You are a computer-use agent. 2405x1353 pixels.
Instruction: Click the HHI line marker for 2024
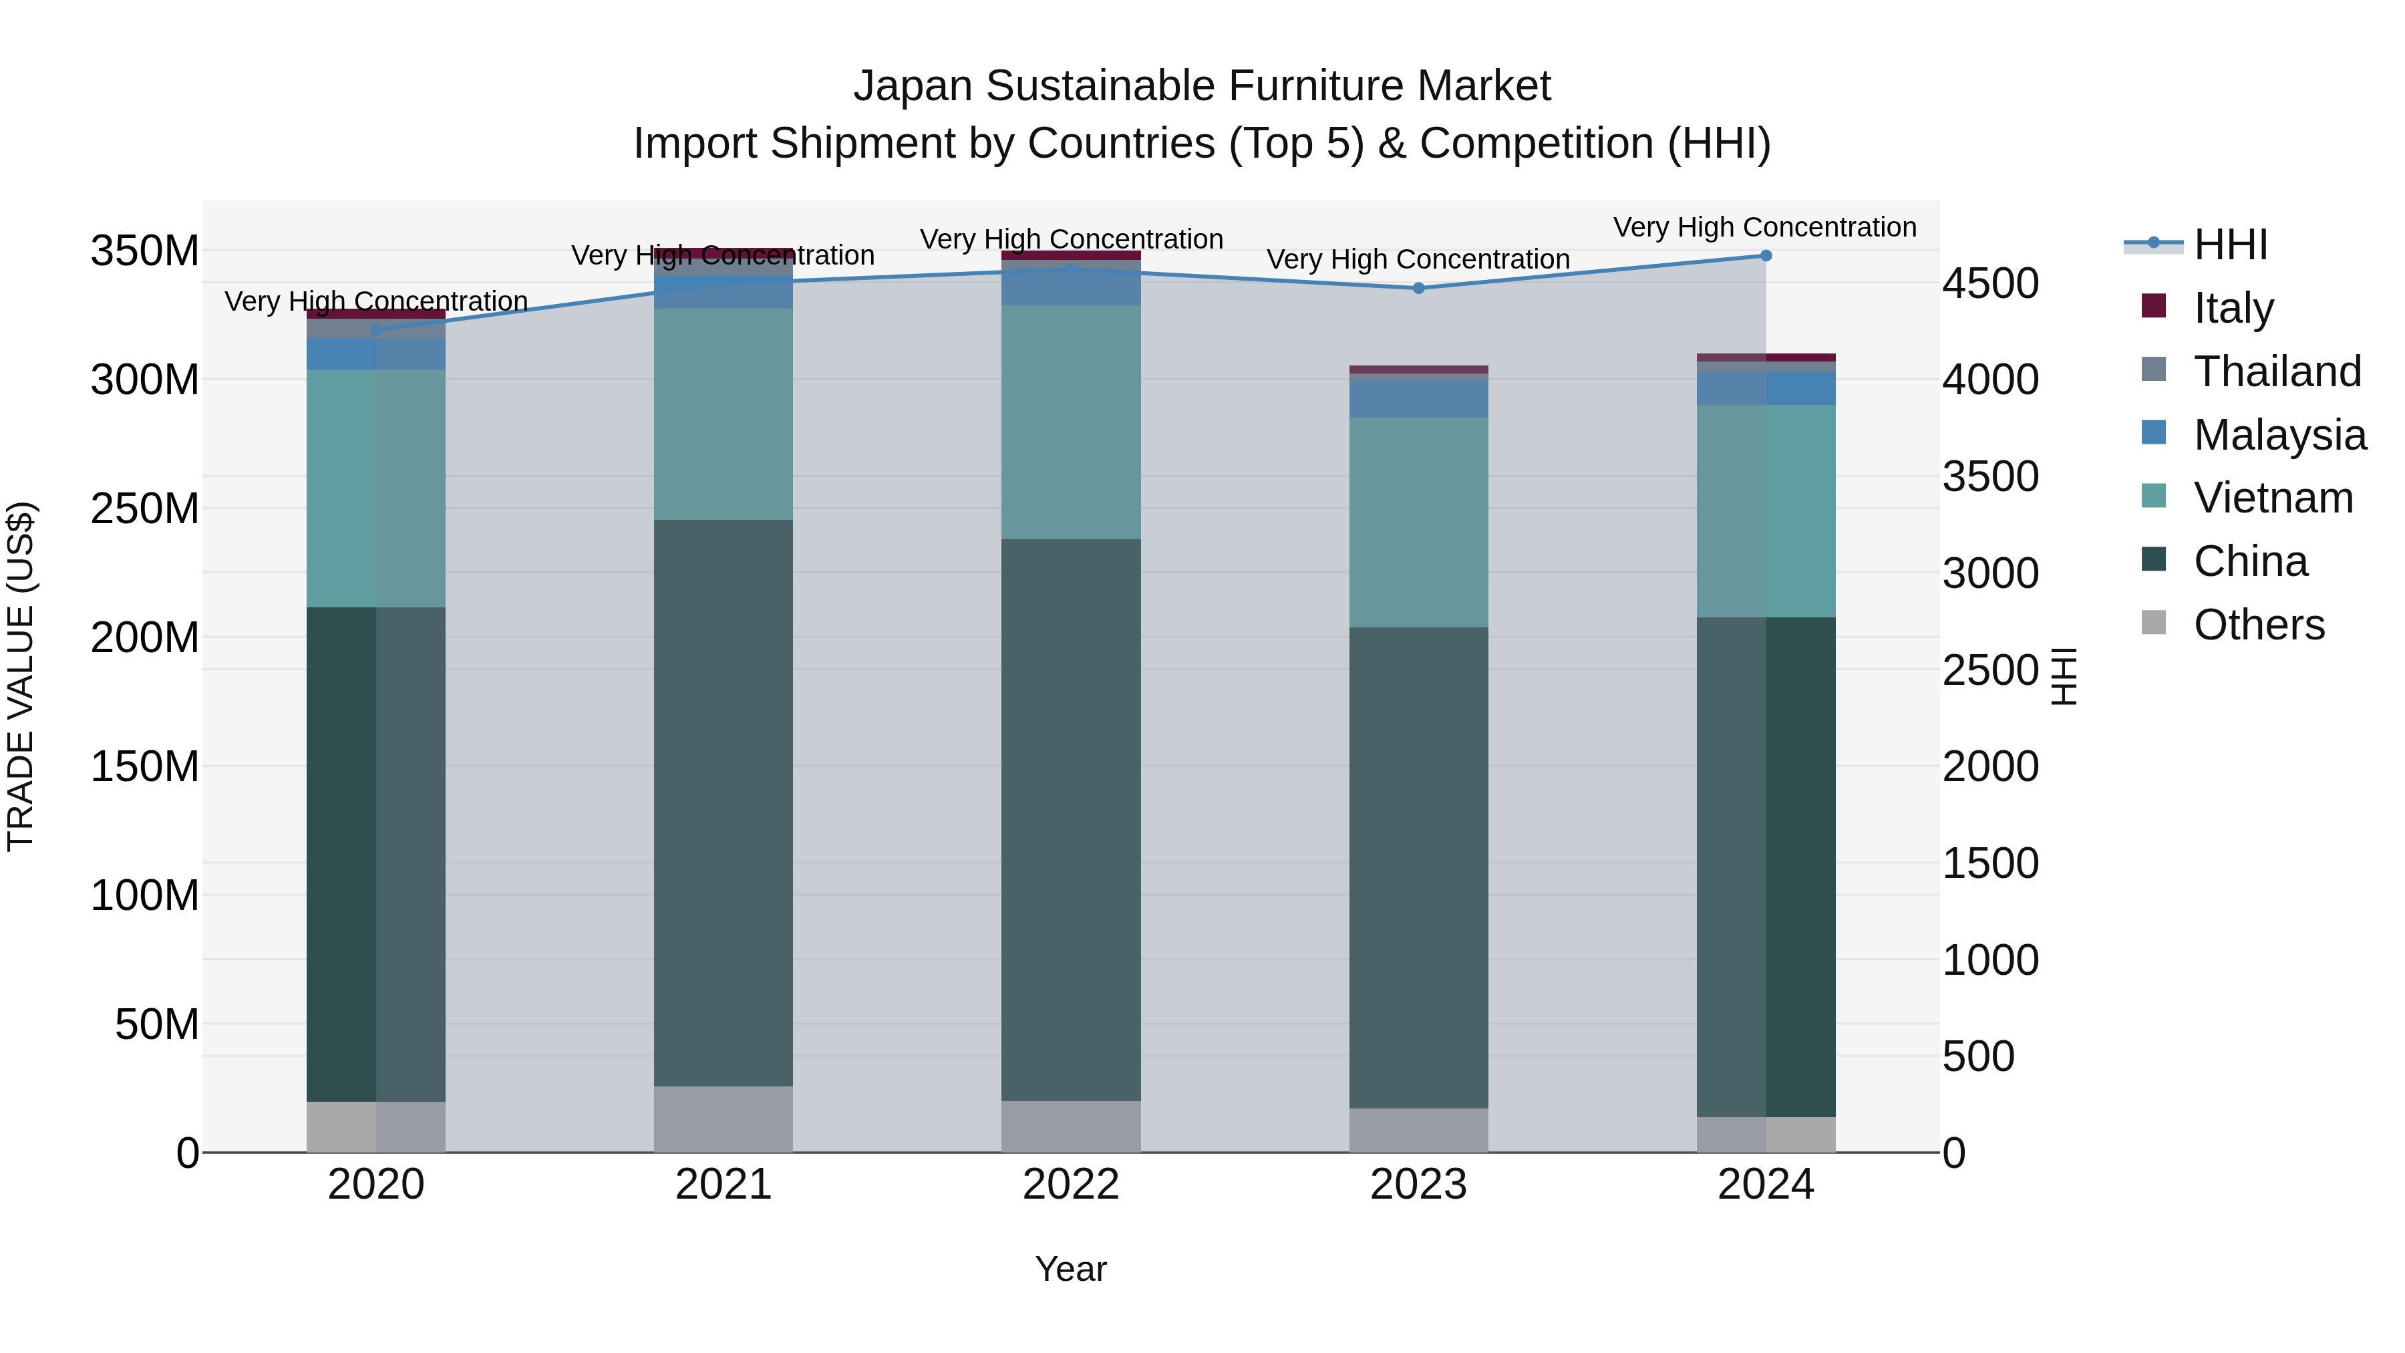(x=1764, y=255)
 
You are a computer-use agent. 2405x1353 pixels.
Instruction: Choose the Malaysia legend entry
(x=2279, y=434)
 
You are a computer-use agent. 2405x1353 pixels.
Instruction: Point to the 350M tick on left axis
(x=145, y=251)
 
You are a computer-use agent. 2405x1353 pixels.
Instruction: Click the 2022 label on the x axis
(x=1070, y=1185)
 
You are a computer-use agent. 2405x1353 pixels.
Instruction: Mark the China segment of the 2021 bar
(x=724, y=803)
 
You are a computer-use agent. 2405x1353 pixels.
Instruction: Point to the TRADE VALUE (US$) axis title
(x=21, y=676)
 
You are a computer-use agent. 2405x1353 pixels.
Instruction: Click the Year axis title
(x=1070, y=1269)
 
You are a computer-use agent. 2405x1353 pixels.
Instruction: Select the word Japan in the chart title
(x=913, y=86)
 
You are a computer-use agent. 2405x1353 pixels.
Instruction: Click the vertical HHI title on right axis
(x=2064, y=676)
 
